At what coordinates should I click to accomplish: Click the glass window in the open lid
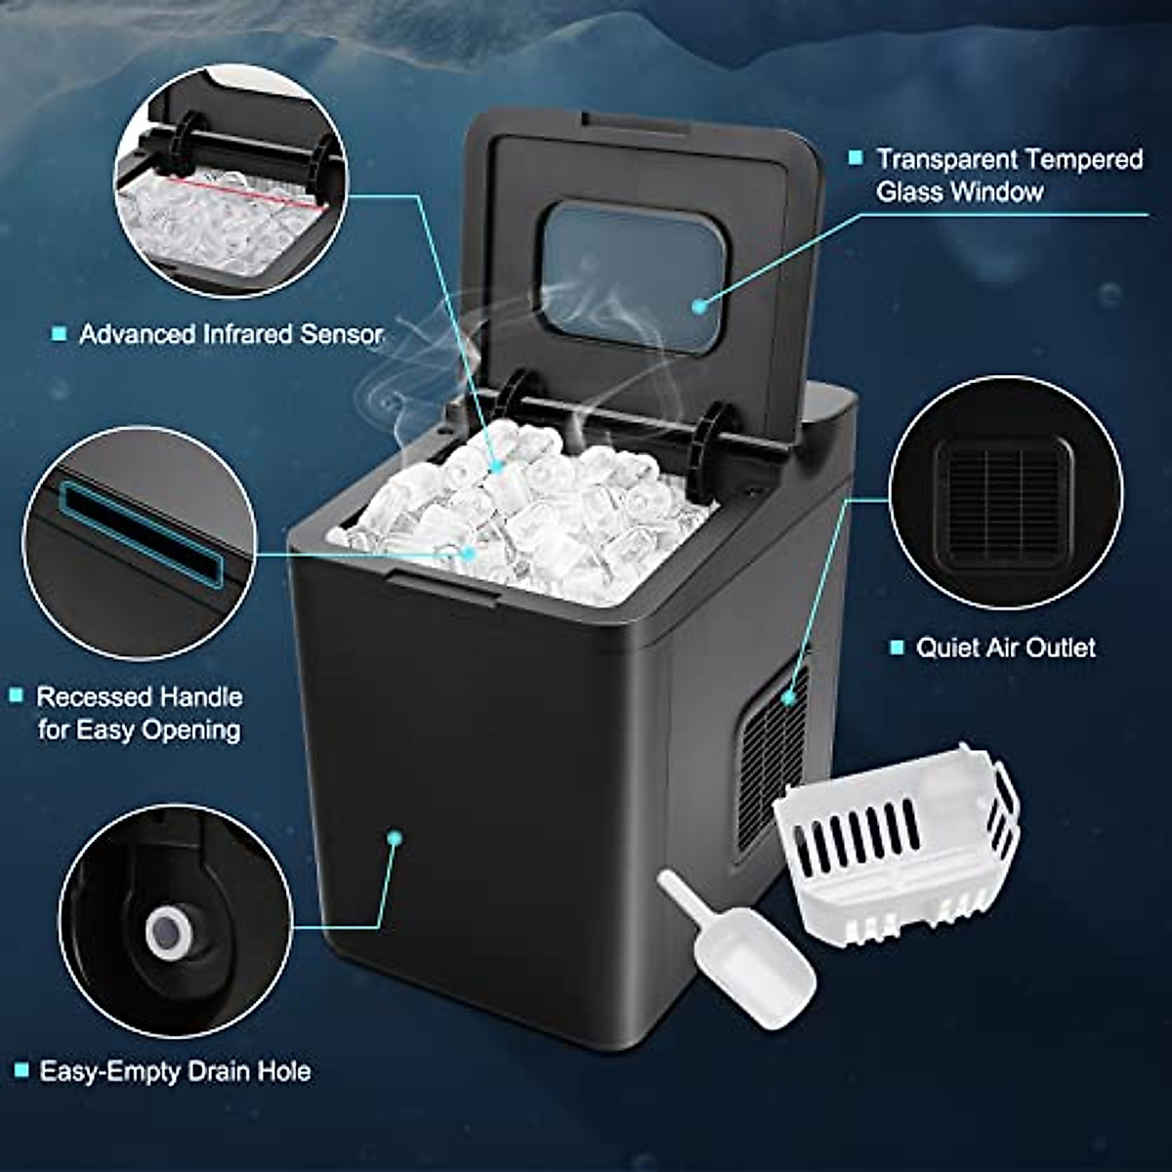[631, 274]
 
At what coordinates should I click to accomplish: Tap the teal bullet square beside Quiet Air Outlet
[897, 648]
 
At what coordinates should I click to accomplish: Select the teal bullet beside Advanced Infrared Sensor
[59, 335]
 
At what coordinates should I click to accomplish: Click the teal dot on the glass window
[698, 306]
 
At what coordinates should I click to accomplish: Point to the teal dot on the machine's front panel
[395, 837]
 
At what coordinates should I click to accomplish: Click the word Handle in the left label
[200, 697]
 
